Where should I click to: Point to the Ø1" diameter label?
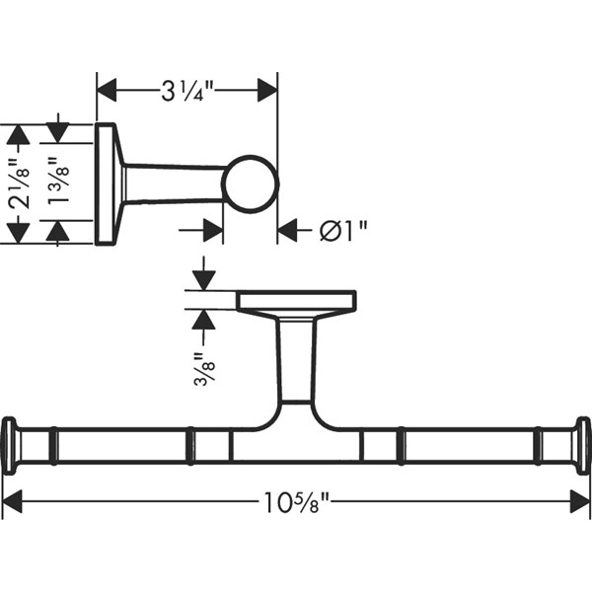click(x=343, y=231)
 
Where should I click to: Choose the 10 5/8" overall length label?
click(x=296, y=502)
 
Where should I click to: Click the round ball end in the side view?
click(x=250, y=184)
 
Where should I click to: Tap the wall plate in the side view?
click(x=106, y=184)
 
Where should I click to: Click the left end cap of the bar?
click(x=10, y=446)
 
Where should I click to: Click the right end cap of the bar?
click(x=582, y=446)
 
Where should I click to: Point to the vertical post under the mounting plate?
click(x=296, y=360)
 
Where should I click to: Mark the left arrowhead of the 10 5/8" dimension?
click(x=12, y=502)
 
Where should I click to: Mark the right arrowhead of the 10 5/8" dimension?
click(x=580, y=502)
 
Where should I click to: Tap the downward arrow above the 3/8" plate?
click(x=203, y=279)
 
